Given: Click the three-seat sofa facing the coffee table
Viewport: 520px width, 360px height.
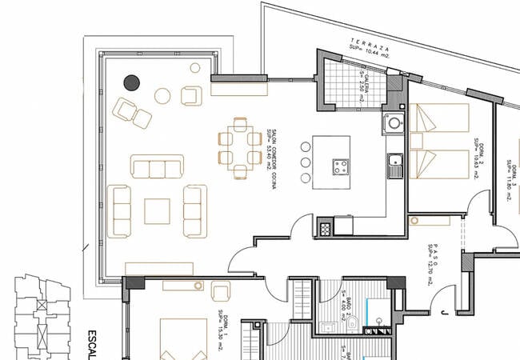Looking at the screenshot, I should (157, 168).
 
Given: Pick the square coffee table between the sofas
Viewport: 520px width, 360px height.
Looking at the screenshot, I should (157, 211).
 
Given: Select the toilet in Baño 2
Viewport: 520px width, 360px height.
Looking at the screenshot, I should (352, 322).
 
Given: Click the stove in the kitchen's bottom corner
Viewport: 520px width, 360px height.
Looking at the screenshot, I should (325, 226).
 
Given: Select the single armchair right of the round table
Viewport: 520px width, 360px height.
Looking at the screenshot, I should (190, 96).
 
